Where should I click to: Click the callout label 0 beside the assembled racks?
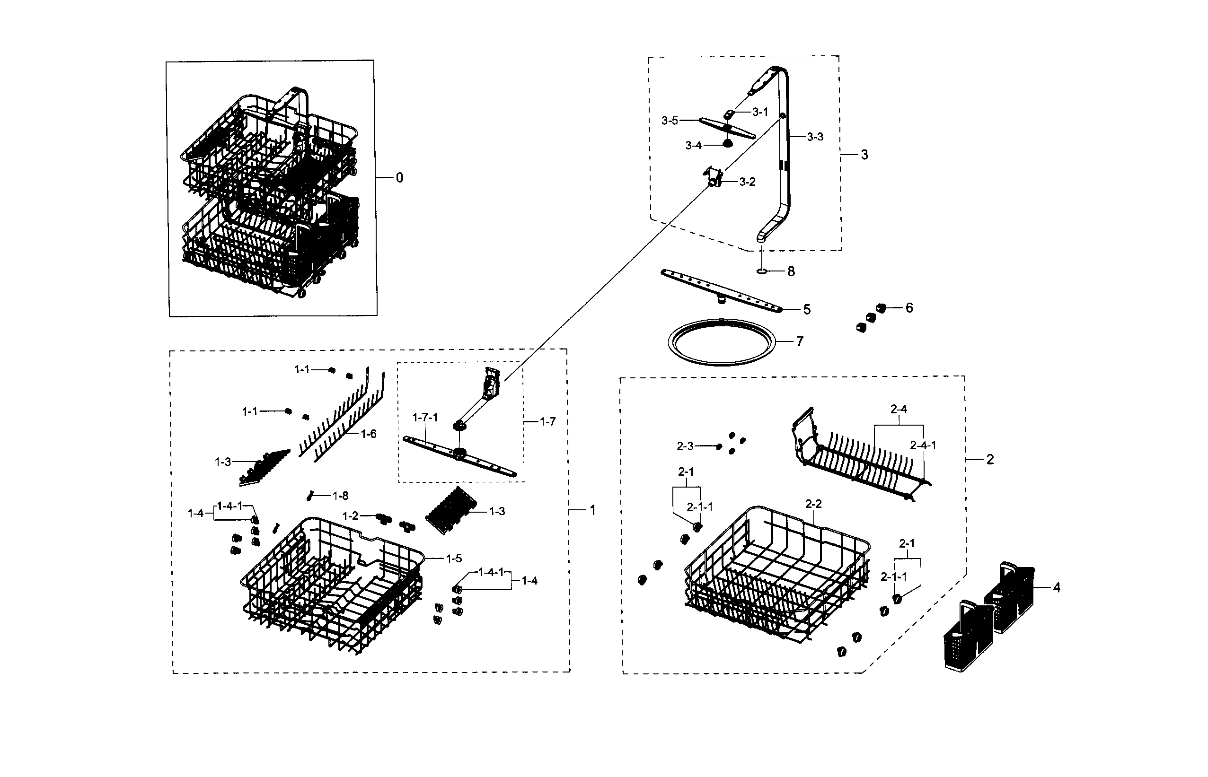pyautogui.click(x=399, y=178)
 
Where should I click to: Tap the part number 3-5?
pyautogui.click(x=670, y=121)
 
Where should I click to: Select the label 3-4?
pyautogui.click(x=694, y=145)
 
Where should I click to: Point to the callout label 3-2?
pyautogui.click(x=747, y=182)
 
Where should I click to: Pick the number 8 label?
pyautogui.click(x=791, y=271)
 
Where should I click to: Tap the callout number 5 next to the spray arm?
pyautogui.click(x=807, y=309)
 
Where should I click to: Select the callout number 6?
pyautogui.click(x=909, y=308)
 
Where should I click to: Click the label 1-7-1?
pyautogui.click(x=425, y=417)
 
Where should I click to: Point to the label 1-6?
pyautogui.click(x=369, y=434)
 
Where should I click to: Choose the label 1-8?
pyautogui.click(x=340, y=496)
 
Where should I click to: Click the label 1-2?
pyautogui.click(x=350, y=516)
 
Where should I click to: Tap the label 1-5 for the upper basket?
pyautogui.click(x=454, y=558)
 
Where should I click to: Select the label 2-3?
pyautogui.click(x=685, y=446)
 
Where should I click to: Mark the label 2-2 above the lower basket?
pyautogui.click(x=813, y=504)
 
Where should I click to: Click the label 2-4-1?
pyautogui.click(x=923, y=445)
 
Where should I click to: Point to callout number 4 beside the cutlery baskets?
pyautogui.click(x=1057, y=587)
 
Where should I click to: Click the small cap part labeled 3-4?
pyautogui.click(x=727, y=144)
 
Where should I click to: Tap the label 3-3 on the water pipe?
pyautogui.click(x=815, y=137)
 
